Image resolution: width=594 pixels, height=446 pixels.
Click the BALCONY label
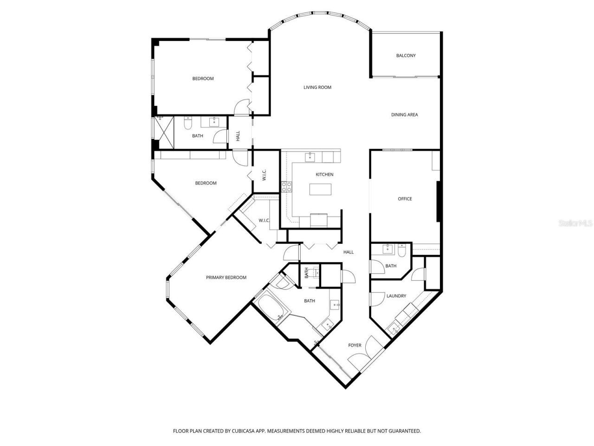[406, 56]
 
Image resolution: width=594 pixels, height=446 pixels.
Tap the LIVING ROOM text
[317, 87]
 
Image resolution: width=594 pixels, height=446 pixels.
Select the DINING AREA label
[404, 115]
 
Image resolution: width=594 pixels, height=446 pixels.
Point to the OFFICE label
[405, 199]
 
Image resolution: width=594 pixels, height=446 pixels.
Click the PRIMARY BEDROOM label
[226, 278]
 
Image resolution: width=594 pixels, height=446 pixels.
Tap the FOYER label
[355, 345]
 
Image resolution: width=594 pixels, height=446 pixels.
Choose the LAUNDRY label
[396, 296]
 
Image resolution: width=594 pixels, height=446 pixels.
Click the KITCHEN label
[324, 175]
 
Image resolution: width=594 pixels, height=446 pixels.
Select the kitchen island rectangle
[322, 190]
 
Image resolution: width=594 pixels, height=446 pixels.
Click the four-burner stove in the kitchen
[286, 187]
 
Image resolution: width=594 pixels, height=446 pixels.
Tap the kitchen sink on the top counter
[310, 157]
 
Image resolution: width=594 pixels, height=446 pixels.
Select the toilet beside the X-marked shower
[187, 124]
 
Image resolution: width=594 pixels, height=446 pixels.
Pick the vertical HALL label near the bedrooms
[238, 136]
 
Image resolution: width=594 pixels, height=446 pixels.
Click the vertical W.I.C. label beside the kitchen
[263, 176]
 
